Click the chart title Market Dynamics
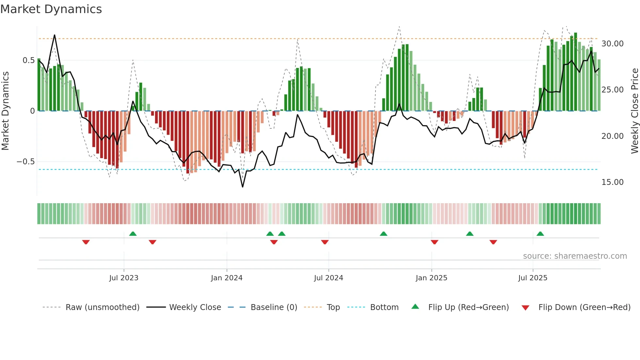pos(51,9)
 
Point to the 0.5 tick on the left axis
pos(28,60)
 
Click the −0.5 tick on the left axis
pos(26,162)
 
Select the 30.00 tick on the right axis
pos(612,44)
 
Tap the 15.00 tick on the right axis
pos(612,182)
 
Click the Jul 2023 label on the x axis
pos(124,278)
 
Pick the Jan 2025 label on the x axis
pos(431,278)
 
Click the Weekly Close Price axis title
pos(634,111)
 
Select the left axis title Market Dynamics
pos(5,111)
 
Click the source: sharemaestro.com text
pos(575,256)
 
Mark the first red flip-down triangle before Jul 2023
pos(86,242)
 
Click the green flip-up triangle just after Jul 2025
pos(540,234)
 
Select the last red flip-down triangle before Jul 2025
pos(493,242)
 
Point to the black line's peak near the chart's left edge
pos(55,35)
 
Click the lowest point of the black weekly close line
pos(243,187)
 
